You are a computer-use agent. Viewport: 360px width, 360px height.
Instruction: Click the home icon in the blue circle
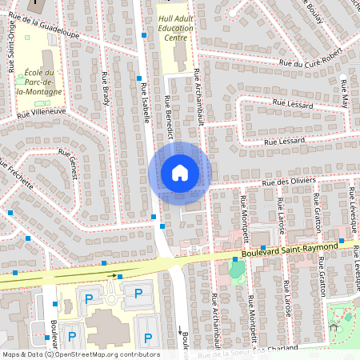179,173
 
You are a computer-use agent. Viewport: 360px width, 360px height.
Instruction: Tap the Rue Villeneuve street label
41,114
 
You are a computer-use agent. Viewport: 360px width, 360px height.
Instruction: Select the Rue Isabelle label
145,102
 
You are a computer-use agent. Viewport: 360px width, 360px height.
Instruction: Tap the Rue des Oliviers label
292,182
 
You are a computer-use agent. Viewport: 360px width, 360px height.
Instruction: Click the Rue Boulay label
316,12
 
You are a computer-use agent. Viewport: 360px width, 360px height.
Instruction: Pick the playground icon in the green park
335,326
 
